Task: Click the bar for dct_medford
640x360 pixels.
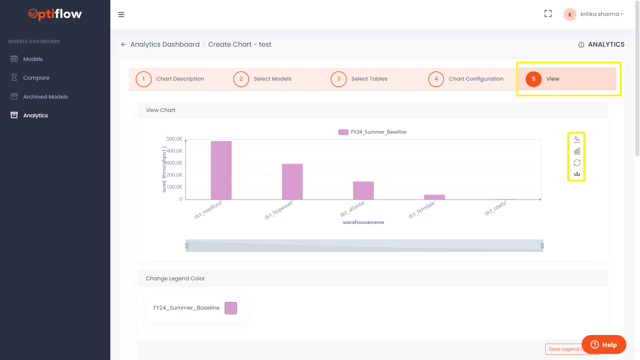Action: (x=221, y=170)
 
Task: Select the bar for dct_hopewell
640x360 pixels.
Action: (x=292, y=182)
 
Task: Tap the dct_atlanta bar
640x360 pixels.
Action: (x=363, y=190)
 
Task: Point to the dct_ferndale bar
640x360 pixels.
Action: (x=434, y=197)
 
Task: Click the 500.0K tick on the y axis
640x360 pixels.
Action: (x=174, y=139)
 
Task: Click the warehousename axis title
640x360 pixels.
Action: (x=363, y=222)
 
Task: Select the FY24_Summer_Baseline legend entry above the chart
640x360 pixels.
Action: (x=372, y=132)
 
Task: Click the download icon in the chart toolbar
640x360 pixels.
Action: (x=577, y=174)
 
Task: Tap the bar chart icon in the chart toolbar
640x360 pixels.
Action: (x=577, y=151)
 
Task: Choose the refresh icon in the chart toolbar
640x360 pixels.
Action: (x=577, y=163)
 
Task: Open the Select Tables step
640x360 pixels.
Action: (x=369, y=79)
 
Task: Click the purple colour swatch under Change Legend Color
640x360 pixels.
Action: (x=231, y=308)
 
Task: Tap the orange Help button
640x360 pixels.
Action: (x=604, y=345)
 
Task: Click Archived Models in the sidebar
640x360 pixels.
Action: (x=45, y=97)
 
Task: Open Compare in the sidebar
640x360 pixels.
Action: (x=36, y=78)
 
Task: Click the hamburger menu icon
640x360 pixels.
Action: (x=121, y=14)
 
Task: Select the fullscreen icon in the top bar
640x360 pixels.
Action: (x=548, y=14)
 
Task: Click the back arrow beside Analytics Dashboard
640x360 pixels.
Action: (x=124, y=44)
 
